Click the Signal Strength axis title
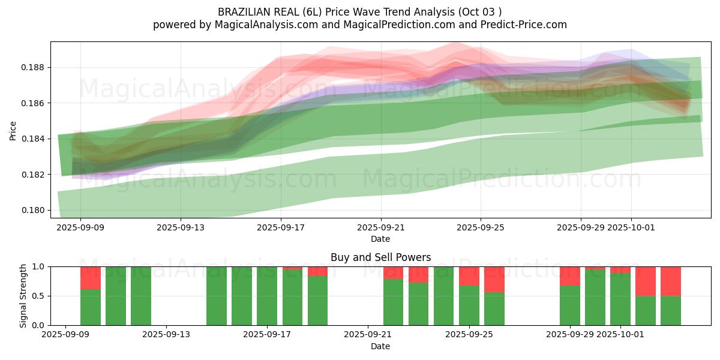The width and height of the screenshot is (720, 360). tap(23, 295)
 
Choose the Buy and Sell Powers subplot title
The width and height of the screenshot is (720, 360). tap(380, 257)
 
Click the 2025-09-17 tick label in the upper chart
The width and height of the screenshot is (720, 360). tap(281, 228)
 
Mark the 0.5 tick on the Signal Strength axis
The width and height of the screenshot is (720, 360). tap(39, 296)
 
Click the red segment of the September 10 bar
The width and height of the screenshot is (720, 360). tap(91, 278)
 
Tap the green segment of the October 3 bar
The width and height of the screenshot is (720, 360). tap(671, 310)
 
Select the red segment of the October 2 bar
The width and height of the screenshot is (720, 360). tap(646, 281)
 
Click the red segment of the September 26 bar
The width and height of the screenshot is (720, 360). tap(494, 279)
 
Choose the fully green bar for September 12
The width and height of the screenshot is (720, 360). tap(141, 296)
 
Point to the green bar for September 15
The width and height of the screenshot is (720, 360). tap(217, 296)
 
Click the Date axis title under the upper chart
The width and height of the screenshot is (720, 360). tap(380, 239)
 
